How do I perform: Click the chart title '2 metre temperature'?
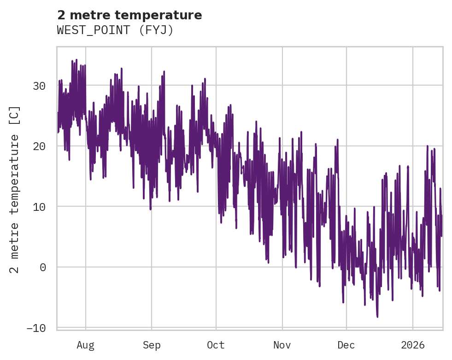click(129, 15)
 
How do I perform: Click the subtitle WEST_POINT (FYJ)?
click(115, 30)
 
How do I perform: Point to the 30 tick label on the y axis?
click(40, 86)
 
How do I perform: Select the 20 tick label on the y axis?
click(40, 146)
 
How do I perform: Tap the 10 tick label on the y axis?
click(40, 207)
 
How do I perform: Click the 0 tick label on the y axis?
click(43, 267)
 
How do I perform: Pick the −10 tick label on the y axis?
click(37, 328)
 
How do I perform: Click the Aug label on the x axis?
click(85, 345)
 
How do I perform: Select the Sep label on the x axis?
click(151, 345)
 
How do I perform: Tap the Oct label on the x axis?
click(216, 345)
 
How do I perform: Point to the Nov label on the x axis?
click(282, 345)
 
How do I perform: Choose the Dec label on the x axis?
click(346, 345)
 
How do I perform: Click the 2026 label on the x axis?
click(412, 345)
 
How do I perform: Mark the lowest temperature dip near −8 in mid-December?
click(377, 317)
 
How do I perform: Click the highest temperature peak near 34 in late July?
click(76, 60)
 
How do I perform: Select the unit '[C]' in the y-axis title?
click(15, 116)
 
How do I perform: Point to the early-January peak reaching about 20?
click(428, 146)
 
